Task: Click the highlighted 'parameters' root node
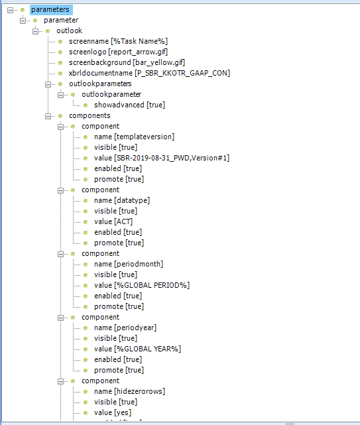50,10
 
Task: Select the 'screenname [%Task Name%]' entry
118,41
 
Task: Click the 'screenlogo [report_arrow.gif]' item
118,52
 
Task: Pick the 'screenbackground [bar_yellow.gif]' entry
127,62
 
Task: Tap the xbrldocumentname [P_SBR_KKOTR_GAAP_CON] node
149,73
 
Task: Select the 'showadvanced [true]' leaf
129,105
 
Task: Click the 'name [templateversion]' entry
134,137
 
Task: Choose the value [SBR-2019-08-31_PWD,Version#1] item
162,158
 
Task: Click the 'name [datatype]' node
122,200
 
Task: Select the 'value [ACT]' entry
113,221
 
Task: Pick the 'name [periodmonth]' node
129,264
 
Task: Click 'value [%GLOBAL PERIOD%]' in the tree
142,285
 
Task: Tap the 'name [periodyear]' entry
125,328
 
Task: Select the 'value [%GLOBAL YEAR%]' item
137,349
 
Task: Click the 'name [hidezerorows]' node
129,391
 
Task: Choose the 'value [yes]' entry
113,412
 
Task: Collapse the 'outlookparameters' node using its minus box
48,84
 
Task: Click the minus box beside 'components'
48,116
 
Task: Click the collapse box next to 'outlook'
36,31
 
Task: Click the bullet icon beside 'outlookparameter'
73,95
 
